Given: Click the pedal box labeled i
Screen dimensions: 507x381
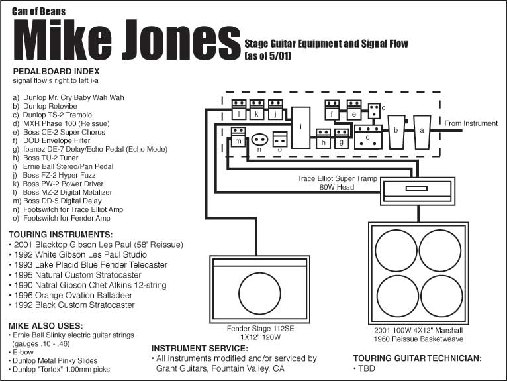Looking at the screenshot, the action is pos(301,128).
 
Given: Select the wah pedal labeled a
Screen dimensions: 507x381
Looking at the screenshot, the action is pos(422,132).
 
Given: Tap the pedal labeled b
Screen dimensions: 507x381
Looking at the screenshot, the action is pos(396,132).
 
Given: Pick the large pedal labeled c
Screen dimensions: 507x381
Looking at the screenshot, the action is pos(368,137).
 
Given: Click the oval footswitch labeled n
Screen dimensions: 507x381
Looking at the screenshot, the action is pos(259,140).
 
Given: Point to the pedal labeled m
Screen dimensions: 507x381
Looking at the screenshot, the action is pos(238,137).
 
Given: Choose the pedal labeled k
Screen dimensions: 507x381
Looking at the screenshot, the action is pos(257,110).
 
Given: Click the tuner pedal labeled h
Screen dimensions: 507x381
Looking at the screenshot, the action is pos(324,138).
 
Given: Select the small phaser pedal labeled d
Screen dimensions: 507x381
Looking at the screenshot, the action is pos(374,111).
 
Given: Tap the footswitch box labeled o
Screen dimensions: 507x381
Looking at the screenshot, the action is pos(280,139).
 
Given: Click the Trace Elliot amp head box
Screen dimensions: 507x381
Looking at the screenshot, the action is pos(418,191).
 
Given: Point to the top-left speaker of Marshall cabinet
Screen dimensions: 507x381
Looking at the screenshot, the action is pos(396,250).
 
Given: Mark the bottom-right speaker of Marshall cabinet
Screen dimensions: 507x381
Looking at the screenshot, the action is pos(441,296).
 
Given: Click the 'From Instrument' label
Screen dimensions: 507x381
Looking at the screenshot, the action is pos(471,123).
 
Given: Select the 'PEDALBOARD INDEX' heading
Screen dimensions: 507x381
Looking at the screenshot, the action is pos(56,71).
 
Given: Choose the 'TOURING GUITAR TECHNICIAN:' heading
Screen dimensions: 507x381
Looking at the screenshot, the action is pos(418,358).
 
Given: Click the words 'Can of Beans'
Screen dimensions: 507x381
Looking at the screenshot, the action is pos(39,12).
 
